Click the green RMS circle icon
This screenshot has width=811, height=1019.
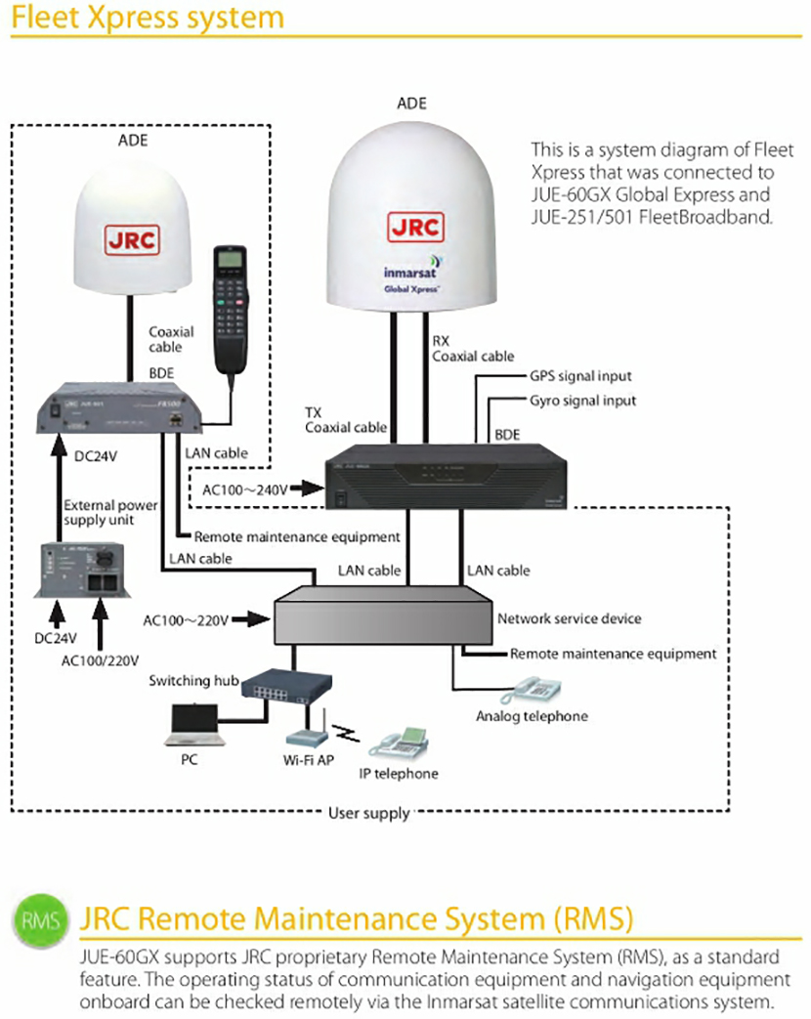click(x=41, y=920)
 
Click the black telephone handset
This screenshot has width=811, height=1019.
click(x=231, y=309)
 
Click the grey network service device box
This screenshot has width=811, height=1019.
click(x=381, y=616)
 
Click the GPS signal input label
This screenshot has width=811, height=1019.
click(x=580, y=376)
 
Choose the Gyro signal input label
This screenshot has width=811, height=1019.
click(x=582, y=401)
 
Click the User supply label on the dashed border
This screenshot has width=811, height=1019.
click(x=368, y=813)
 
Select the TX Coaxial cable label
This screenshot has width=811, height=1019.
click(x=338, y=420)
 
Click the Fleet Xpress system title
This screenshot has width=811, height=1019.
click(x=147, y=18)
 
